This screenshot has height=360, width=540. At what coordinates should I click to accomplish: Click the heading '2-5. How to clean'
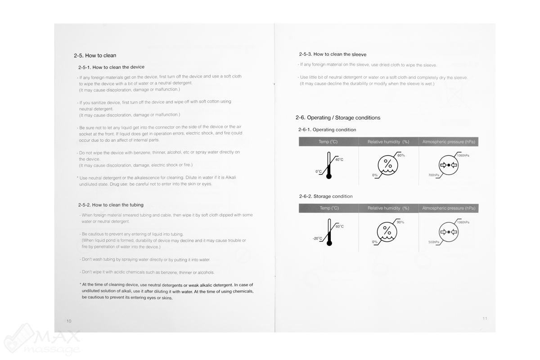point(95,55)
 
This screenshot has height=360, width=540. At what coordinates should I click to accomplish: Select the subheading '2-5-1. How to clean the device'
point(111,67)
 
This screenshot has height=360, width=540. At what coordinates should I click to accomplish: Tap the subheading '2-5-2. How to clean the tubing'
point(111,205)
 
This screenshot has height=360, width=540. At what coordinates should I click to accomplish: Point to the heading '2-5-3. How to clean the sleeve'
point(333,54)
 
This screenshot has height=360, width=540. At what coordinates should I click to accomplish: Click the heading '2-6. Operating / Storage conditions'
point(338,117)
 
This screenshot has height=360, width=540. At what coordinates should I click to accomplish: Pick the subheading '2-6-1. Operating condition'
point(327,130)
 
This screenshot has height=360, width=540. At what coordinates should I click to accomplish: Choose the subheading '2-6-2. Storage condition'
point(326,196)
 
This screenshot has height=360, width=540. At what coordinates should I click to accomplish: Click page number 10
point(68,321)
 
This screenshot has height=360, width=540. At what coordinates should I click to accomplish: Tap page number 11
point(485,318)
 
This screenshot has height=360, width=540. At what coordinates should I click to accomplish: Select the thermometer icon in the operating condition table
point(329,166)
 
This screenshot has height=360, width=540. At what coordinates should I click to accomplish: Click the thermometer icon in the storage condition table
point(329,232)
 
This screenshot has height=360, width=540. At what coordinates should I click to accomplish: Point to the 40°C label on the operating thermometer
point(339,160)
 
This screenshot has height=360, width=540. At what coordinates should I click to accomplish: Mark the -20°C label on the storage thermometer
point(318,238)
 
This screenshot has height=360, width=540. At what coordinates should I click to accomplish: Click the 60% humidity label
point(401,155)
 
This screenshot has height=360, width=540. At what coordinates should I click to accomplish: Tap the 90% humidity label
point(400,222)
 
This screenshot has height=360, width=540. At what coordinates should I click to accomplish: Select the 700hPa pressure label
point(434,175)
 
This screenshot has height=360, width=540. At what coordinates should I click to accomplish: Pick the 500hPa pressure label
point(434,242)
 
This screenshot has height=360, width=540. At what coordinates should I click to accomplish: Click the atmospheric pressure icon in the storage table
point(449,232)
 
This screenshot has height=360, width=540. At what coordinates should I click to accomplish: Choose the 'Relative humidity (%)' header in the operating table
point(388,142)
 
